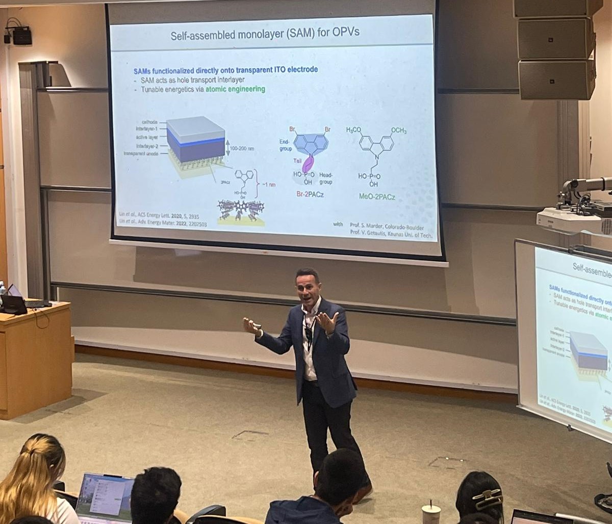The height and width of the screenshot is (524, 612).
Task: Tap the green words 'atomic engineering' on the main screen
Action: pyautogui.click(x=235, y=89)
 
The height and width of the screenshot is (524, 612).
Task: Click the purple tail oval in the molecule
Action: pyautogui.click(x=308, y=164)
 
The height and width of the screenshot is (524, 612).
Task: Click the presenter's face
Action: pyautogui.click(x=308, y=289)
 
